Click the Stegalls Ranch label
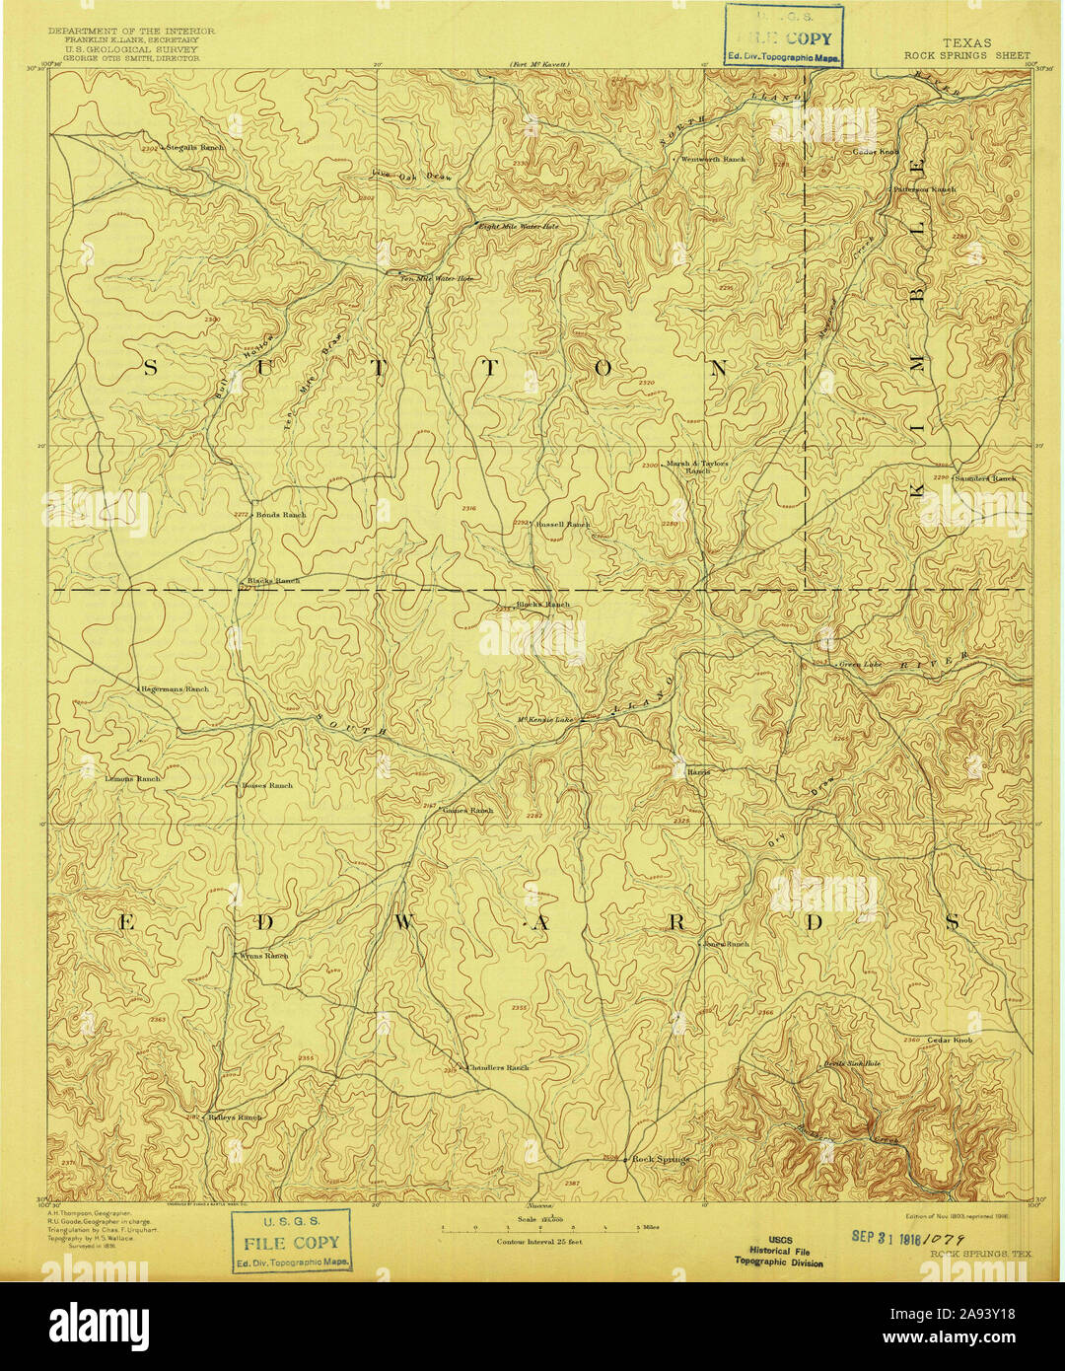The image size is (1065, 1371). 195,147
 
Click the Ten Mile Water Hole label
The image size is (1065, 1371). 437,279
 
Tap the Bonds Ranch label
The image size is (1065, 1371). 282,515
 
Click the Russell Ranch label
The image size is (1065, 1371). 563,525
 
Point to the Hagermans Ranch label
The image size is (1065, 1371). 175,687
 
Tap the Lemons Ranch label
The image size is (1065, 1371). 132,778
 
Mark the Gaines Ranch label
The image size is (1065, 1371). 467,811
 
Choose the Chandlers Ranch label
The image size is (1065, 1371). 498,1067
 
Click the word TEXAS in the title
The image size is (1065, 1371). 967,43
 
